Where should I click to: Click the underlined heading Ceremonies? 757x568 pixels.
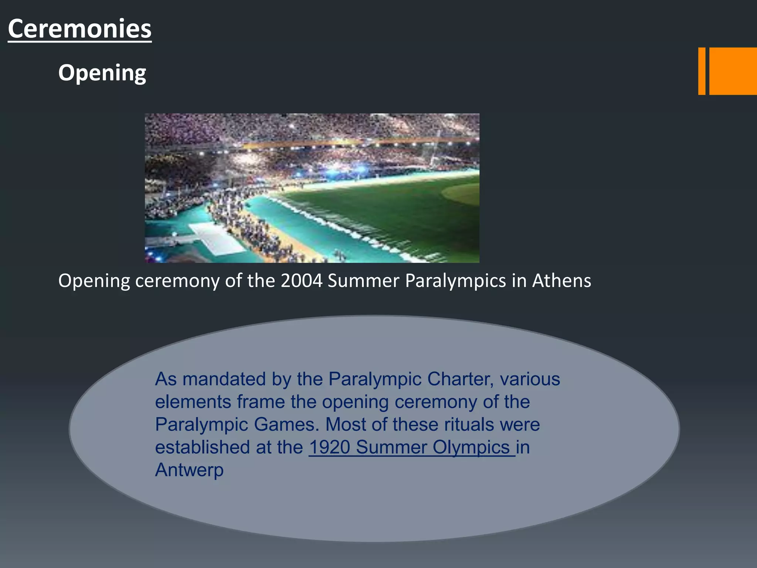tap(79, 29)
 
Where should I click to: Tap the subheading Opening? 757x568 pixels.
tap(102, 72)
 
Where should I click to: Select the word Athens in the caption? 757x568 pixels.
tap(561, 281)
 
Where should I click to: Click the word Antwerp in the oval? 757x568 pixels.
tap(189, 470)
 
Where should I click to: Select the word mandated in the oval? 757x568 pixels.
tap(224, 379)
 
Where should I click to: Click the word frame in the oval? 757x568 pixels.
tap(261, 402)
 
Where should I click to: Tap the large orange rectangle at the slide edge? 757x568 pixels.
tap(733, 71)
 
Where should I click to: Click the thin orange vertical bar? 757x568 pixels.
tap(702, 71)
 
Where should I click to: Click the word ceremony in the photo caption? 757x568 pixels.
tap(177, 281)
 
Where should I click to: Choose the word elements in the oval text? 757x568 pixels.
tap(193, 402)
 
